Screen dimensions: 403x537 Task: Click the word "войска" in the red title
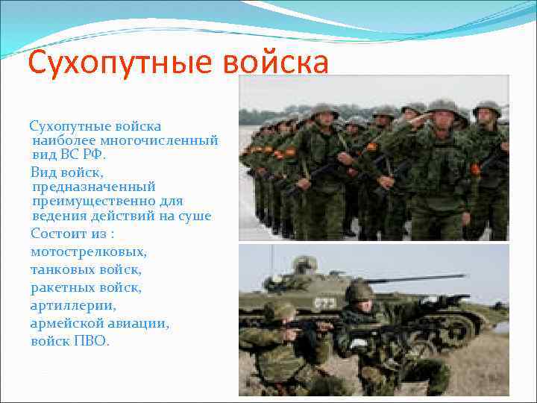(275, 63)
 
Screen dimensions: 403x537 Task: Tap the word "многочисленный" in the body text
(162, 140)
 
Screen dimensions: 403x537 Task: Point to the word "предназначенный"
(94, 187)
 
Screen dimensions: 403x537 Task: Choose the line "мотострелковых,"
(89, 252)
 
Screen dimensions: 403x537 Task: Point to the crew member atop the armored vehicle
(304, 264)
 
